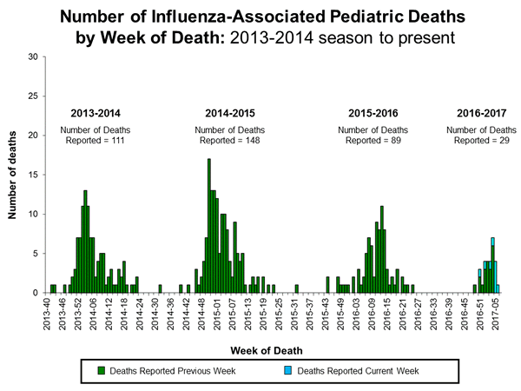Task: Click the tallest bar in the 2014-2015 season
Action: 208,226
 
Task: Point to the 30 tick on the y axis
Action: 35,56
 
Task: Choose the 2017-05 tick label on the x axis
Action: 495,311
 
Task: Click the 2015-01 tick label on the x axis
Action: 209,311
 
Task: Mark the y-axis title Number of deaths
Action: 14,175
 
